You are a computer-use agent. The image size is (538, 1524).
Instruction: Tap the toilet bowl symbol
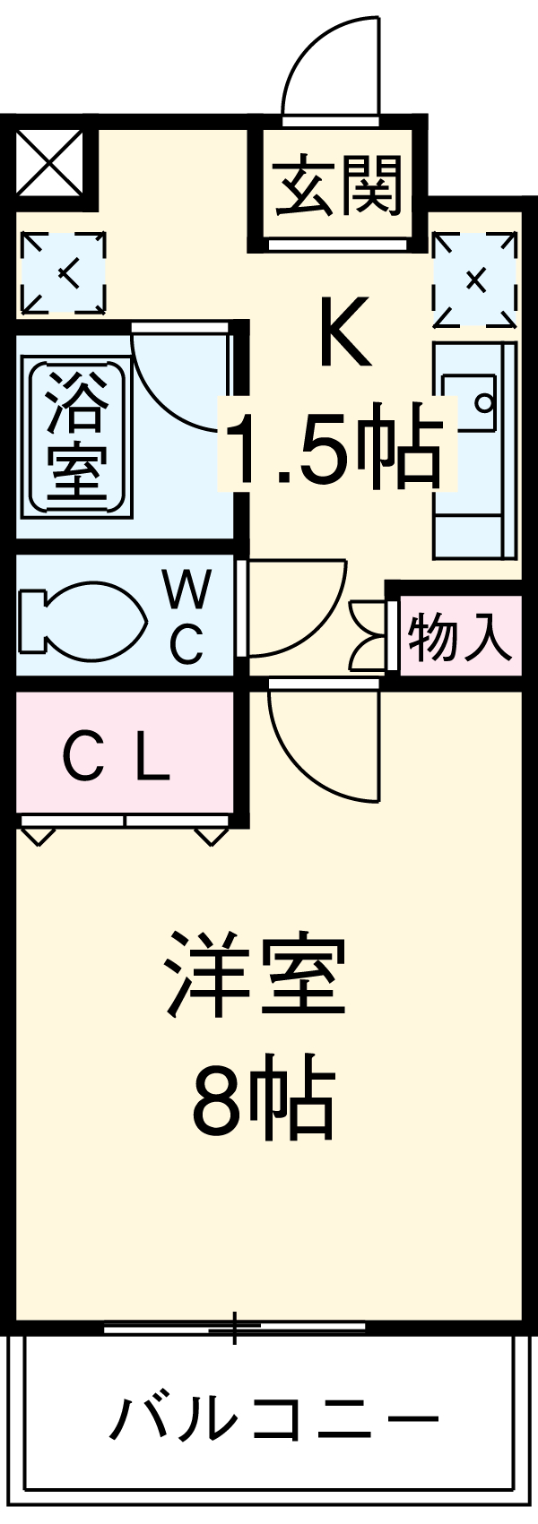(x=81, y=619)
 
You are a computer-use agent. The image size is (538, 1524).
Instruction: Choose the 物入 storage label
(x=459, y=638)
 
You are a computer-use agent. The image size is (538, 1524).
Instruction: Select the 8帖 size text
(x=263, y=1100)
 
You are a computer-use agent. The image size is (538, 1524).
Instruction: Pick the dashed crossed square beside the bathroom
(x=62, y=272)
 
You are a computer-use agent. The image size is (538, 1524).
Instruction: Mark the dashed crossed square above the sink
(x=475, y=279)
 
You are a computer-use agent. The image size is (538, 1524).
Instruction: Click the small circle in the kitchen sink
(x=483, y=401)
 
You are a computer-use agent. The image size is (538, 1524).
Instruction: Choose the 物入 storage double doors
(x=369, y=635)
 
